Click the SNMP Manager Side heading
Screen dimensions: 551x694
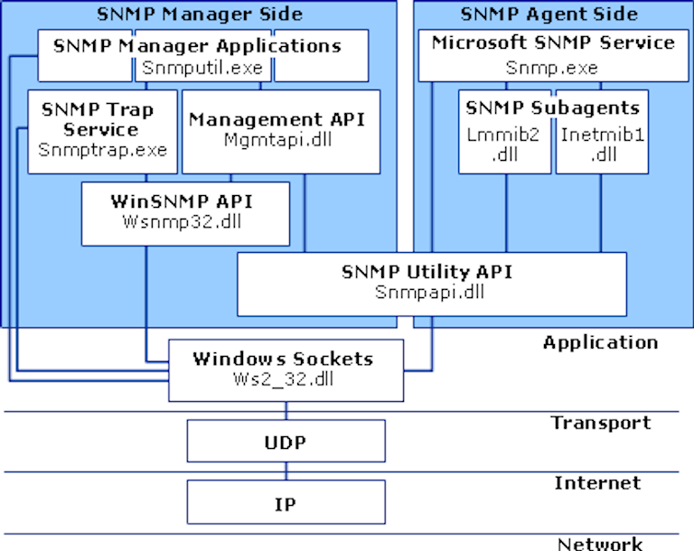(200, 14)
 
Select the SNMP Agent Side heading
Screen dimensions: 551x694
(549, 14)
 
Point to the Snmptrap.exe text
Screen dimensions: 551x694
(102, 150)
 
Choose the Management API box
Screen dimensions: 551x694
(280, 131)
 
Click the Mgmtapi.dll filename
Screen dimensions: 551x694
(279, 140)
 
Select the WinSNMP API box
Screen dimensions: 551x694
(185, 213)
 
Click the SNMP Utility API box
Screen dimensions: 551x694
(431, 284)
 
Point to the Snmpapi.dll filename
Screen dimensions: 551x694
(431, 293)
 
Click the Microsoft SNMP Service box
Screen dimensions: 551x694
(552, 55)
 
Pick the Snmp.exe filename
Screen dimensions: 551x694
(551, 67)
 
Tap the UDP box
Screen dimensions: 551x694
(286, 443)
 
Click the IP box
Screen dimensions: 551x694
(286, 503)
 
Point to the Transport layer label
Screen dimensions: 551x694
(601, 423)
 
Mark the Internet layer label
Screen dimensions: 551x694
(597, 483)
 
